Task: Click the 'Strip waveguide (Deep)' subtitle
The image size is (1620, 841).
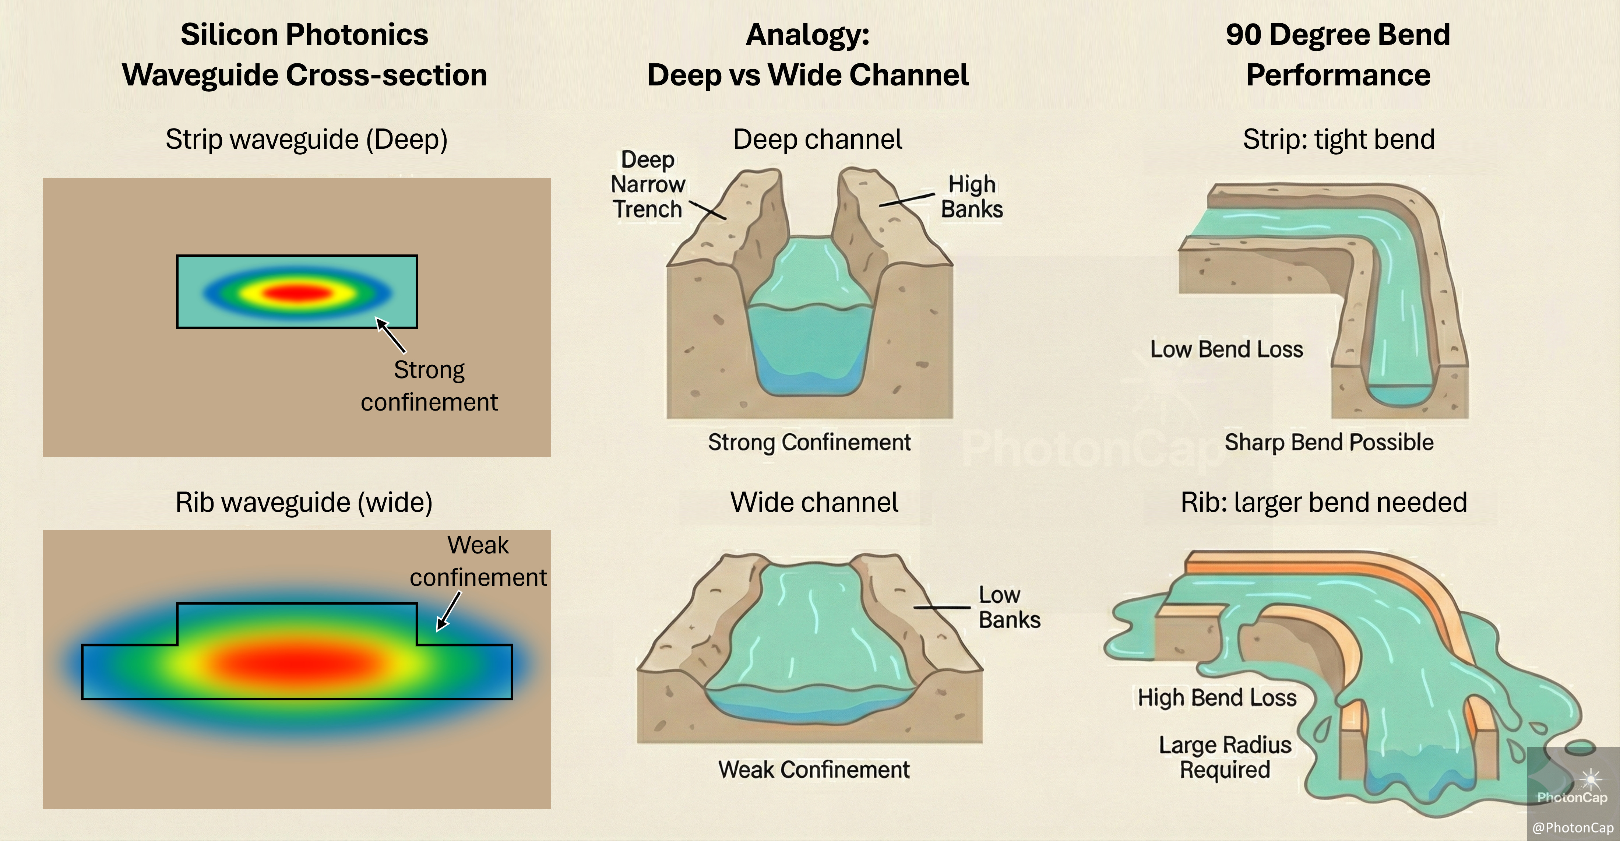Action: point(306,140)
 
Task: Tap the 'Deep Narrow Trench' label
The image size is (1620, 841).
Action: point(647,184)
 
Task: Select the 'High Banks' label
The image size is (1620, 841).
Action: point(972,196)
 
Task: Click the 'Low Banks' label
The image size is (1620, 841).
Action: point(1009,607)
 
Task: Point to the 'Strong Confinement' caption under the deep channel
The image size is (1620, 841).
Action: point(809,442)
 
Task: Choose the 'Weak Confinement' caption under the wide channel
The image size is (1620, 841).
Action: point(814,769)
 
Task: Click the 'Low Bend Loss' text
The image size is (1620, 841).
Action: point(1226,349)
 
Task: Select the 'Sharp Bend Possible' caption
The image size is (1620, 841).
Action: point(1329,442)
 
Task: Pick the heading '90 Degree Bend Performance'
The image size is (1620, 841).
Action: point(1338,55)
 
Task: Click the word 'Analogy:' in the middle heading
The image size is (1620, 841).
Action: point(807,35)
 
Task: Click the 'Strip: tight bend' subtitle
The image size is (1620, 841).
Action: point(1338,140)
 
